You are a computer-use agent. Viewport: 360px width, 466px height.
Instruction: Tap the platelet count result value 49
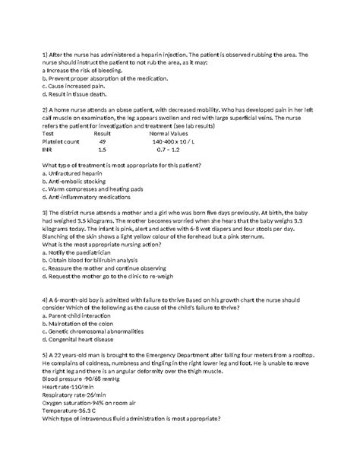103,141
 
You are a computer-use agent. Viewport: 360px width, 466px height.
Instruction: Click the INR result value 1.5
102,151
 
